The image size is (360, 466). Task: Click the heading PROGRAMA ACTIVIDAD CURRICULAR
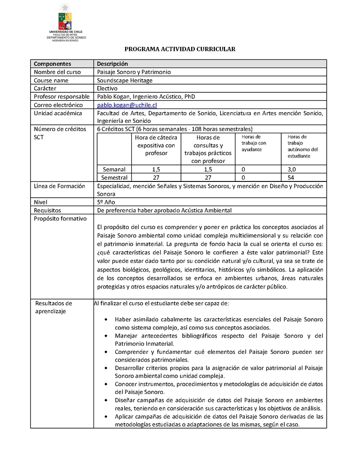click(180, 49)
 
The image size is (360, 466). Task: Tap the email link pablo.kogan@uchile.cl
click(127, 105)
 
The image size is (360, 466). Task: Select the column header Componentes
click(53, 64)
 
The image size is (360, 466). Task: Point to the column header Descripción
click(112, 64)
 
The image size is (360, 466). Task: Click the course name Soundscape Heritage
click(125, 80)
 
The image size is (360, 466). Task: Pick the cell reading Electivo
click(108, 88)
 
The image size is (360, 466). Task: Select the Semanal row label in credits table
click(114, 169)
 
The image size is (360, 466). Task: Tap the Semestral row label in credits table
click(114, 177)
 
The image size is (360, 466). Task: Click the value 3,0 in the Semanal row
click(292, 169)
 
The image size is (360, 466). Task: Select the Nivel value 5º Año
click(106, 202)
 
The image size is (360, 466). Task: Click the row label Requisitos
click(48, 210)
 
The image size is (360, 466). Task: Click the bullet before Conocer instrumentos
click(105, 385)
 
